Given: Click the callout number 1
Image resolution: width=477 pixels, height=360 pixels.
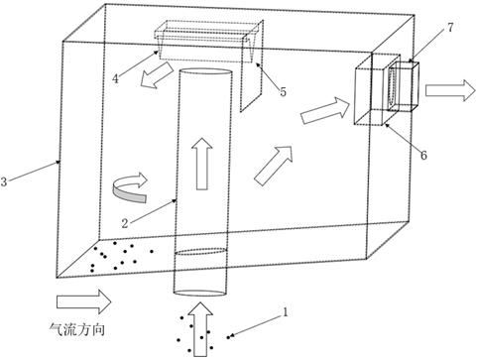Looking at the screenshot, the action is point(285,312).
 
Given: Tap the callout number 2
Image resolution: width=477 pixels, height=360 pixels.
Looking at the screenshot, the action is point(125,224).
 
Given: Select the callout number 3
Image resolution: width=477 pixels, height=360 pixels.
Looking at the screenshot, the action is point(4,181).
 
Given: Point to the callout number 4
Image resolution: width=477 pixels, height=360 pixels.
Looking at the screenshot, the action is point(115,78).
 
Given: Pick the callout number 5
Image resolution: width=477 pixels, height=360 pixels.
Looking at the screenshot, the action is point(283,92).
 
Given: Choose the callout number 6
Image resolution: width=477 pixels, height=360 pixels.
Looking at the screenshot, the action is point(423,155).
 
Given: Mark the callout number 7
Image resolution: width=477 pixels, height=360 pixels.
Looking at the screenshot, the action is point(450,28).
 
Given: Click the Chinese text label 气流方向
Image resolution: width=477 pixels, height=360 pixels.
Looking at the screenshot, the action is point(77,329).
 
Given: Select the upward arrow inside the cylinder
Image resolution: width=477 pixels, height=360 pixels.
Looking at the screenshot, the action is point(202,164).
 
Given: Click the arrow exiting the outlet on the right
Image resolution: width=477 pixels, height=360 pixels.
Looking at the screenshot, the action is point(450,90).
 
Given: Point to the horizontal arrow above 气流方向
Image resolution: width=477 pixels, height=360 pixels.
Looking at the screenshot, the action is point(84,301).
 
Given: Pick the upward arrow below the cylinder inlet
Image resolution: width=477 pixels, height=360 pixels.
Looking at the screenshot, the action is point(199,329).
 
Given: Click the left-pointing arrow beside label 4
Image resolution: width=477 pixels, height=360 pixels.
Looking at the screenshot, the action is point(158,75).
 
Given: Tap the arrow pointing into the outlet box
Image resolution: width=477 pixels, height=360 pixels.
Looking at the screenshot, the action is point(325,111).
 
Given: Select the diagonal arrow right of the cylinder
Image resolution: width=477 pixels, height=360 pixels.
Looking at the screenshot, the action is point(274,166).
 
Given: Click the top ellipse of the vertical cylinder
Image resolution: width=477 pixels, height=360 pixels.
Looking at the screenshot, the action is point(205,72).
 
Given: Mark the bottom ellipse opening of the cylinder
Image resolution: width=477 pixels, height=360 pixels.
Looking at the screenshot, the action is point(200,293).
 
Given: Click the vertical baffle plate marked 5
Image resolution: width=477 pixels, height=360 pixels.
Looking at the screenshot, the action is point(252,65).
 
